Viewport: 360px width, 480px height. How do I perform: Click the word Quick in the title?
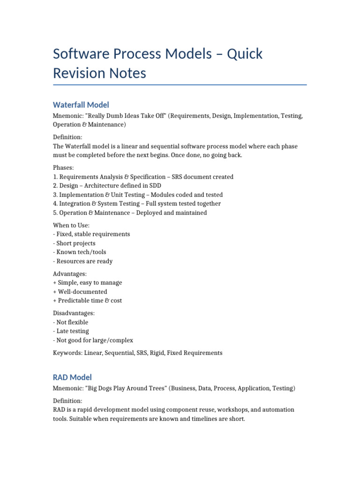pos(245,54)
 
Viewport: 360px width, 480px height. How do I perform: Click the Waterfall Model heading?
pos(81,105)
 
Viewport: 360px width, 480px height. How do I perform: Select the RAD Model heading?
pos(72,377)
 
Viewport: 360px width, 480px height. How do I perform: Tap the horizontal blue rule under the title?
pos(180,85)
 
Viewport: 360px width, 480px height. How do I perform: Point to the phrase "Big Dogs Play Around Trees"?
pos(125,388)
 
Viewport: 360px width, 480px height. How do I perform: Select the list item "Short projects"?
pos(75,243)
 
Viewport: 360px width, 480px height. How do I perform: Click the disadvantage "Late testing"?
pos(72,331)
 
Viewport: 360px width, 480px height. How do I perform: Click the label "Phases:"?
pos(64,167)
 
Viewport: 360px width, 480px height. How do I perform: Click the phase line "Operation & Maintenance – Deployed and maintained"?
pos(130,212)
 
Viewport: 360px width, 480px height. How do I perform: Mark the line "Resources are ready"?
pos(84,261)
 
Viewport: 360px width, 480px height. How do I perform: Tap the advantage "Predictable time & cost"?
pos(90,300)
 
